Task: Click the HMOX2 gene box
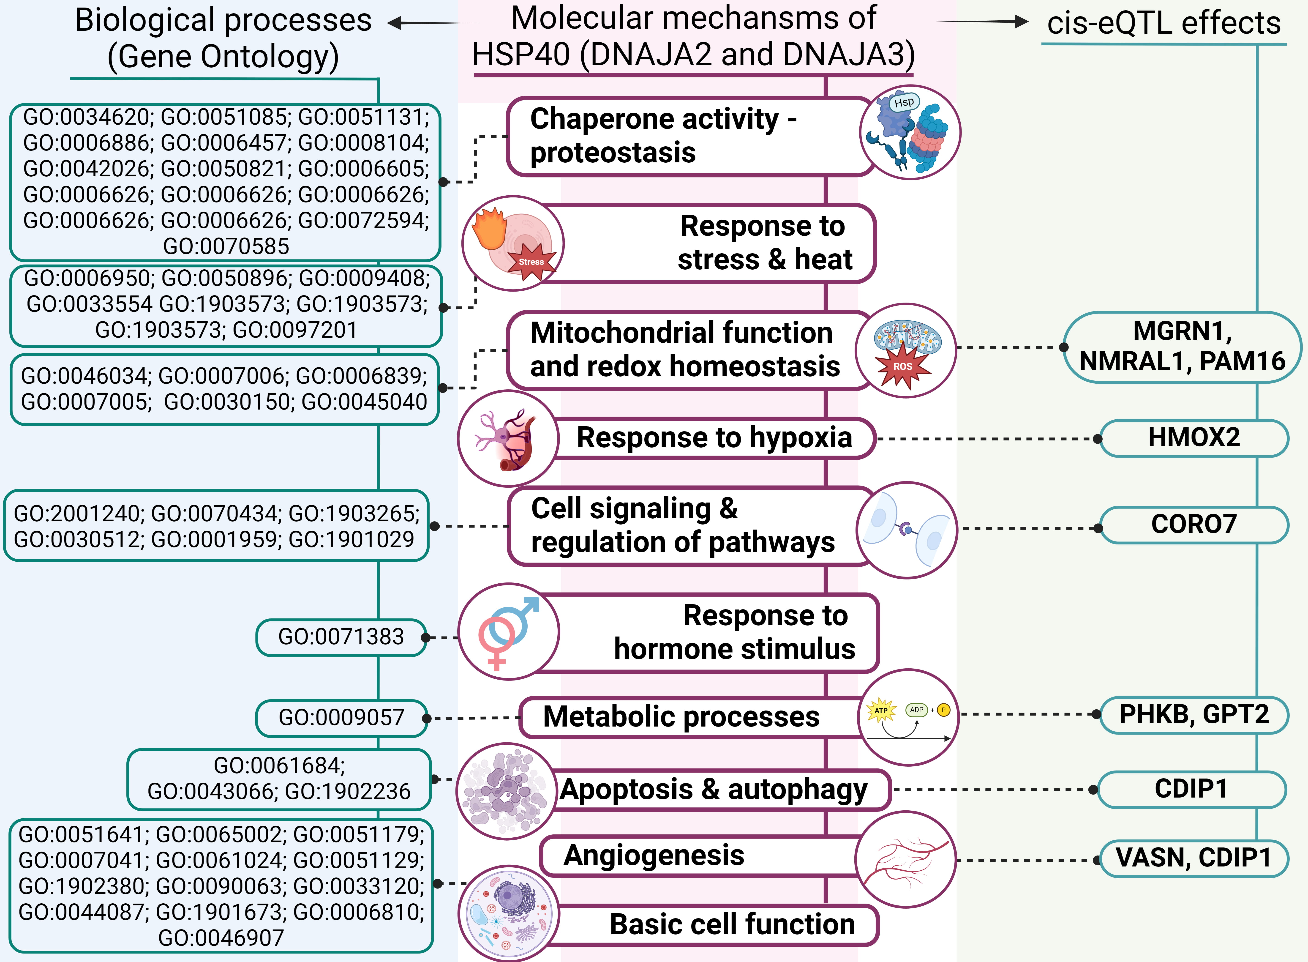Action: click(x=1194, y=438)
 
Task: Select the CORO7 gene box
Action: click(x=1194, y=524)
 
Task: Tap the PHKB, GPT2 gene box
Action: click(x=1194, y=714)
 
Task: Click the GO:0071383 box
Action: click(x=341, y=637)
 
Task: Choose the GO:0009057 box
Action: click(x=341, y=717)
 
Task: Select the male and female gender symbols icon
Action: click(x=508, y=632)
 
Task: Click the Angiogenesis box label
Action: click(x=654, y=855)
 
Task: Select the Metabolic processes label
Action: click(x=681, y=717)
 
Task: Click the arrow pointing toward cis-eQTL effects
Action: click(x=984, y=22)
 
